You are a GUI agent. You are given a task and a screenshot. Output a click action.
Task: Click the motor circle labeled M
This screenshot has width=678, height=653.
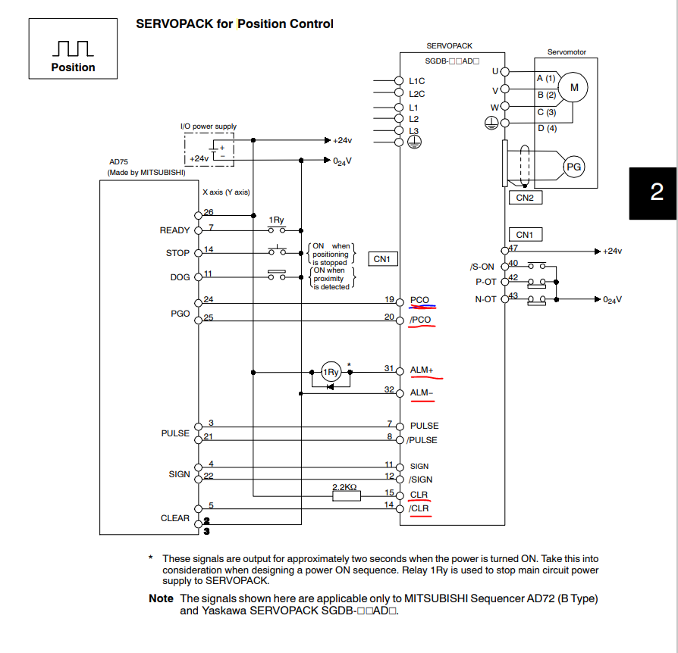573,87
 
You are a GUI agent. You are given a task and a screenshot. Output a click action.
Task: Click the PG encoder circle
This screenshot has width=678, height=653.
574,167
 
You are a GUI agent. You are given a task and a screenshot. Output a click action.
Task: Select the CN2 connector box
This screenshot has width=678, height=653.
526,198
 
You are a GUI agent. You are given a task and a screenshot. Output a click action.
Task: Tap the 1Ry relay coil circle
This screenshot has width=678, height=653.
331,372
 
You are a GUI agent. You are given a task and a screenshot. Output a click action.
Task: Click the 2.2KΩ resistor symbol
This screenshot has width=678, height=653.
347,496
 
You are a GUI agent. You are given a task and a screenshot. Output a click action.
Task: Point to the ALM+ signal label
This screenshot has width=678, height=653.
422,370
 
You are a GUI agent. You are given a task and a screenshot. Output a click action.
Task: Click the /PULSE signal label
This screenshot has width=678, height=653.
422,440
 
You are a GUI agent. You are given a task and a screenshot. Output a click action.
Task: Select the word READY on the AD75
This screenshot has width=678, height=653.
174,230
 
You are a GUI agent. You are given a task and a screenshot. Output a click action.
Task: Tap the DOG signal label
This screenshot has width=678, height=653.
180,277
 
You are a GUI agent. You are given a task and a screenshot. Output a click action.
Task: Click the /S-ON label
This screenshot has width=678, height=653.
482,267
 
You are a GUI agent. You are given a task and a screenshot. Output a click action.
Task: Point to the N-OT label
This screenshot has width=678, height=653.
485,299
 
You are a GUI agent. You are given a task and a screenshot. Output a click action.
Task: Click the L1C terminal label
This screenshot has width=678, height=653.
417,81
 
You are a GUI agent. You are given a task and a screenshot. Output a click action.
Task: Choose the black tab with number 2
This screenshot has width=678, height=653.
653,193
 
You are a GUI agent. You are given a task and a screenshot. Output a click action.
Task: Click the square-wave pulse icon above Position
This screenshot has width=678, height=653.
73,48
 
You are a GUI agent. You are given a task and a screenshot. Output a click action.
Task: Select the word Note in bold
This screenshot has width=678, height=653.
161,598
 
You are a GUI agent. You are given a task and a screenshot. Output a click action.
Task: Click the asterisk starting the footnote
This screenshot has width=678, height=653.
150,558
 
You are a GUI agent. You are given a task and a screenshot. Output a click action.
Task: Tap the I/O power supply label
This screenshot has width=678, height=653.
209,126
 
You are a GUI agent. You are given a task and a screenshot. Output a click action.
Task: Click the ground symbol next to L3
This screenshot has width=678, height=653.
414,142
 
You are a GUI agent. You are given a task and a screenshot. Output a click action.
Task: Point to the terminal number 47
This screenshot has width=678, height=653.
513,248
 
